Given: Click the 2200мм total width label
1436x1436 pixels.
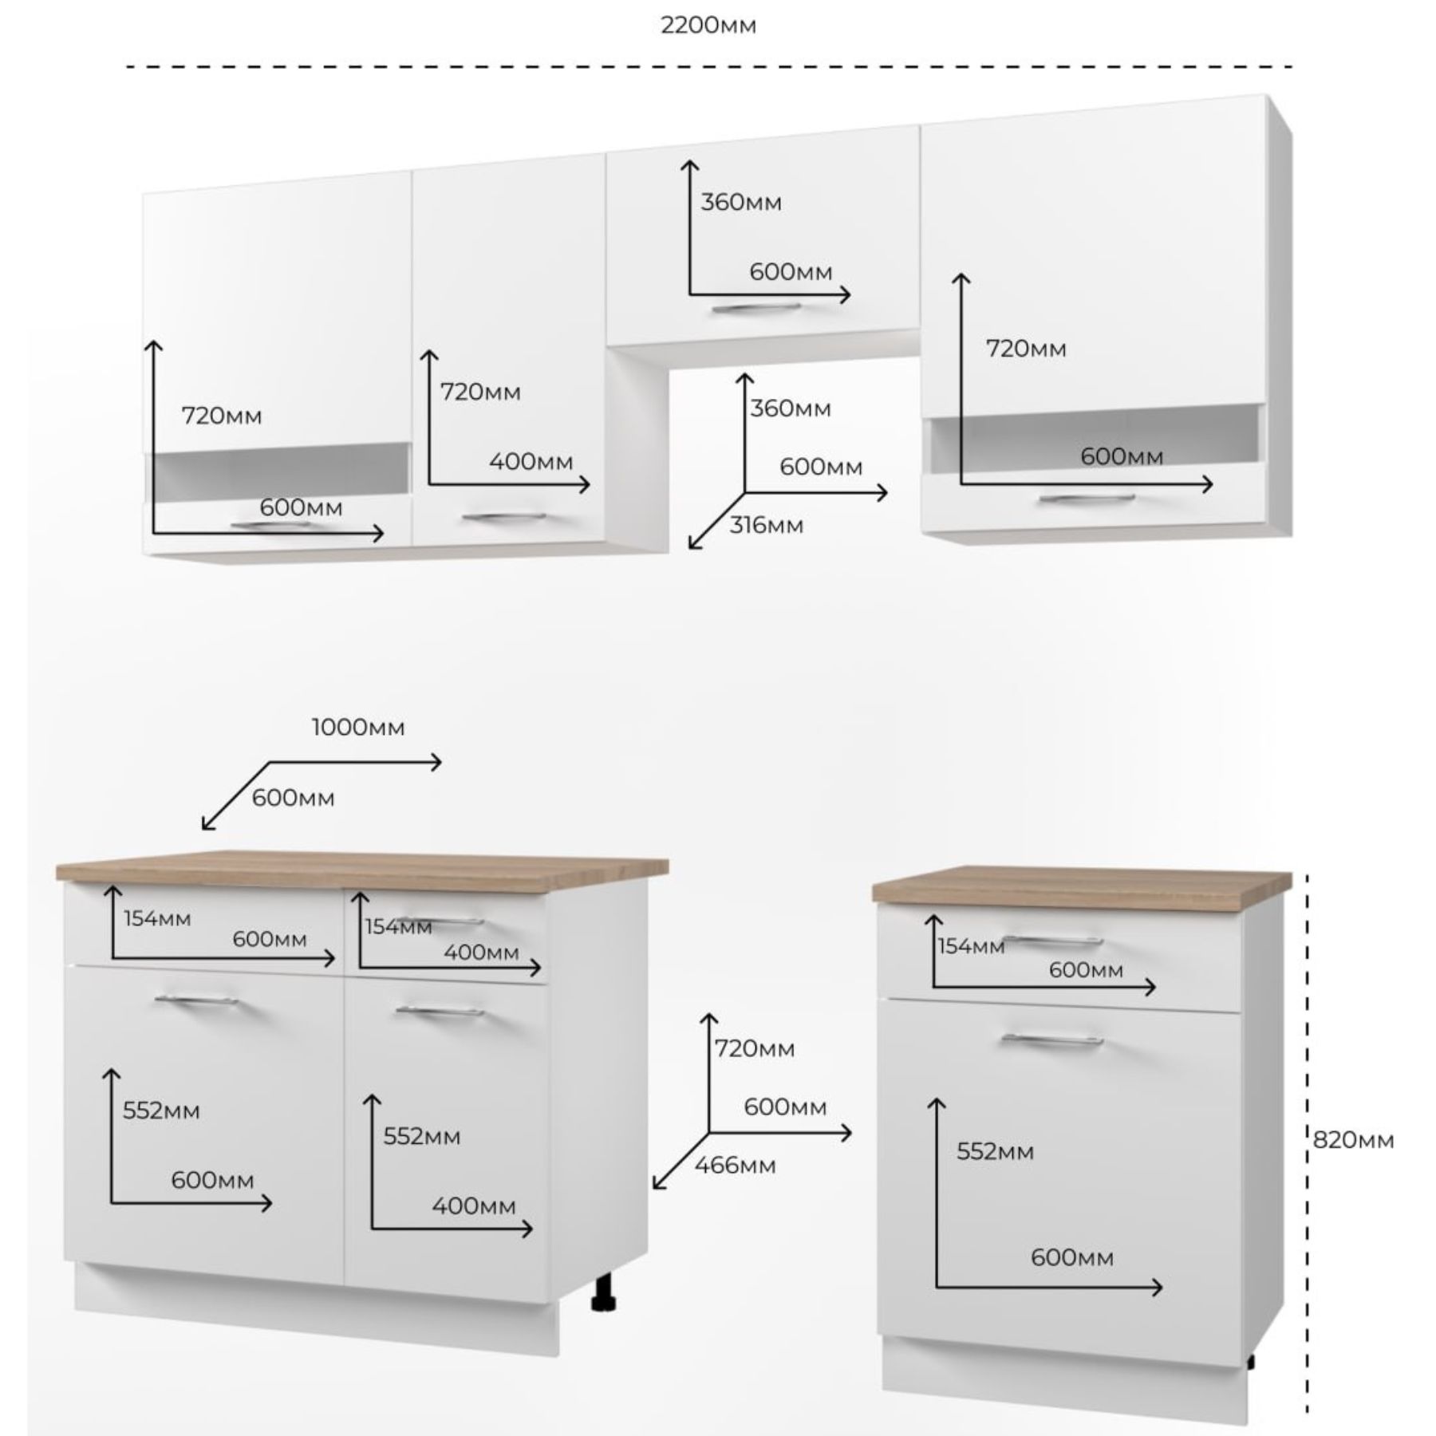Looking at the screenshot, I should (708, 26).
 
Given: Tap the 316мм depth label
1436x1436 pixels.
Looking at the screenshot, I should (766, 526).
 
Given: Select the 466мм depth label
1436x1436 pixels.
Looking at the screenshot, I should (735, 1166).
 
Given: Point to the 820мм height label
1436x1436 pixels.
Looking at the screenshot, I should (1353, 1140).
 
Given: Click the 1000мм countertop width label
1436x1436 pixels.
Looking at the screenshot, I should (358, 728).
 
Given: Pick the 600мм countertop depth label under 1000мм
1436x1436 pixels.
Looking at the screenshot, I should (293, 798).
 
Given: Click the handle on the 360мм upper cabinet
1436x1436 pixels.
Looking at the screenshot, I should (756, 308).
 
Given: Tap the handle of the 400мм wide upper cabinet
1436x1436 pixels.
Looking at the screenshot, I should (503, 517).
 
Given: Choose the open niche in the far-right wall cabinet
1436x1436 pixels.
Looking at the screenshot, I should (1093, 443).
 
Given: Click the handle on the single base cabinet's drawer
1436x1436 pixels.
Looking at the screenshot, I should (1052, 941).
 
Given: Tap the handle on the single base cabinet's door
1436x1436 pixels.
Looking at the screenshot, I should (1052, 1040).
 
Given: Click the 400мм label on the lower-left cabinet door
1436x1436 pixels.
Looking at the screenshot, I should (474, 1205).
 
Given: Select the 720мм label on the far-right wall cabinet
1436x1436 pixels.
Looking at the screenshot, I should (1026, 349).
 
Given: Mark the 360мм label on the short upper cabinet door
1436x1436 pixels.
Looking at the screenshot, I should (741, 203).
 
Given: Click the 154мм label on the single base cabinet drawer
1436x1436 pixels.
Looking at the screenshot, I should (970, 947).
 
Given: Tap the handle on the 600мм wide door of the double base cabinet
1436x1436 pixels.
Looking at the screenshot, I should (196, 1000).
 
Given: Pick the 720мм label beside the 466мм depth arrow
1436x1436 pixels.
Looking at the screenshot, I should (754, 1048).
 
